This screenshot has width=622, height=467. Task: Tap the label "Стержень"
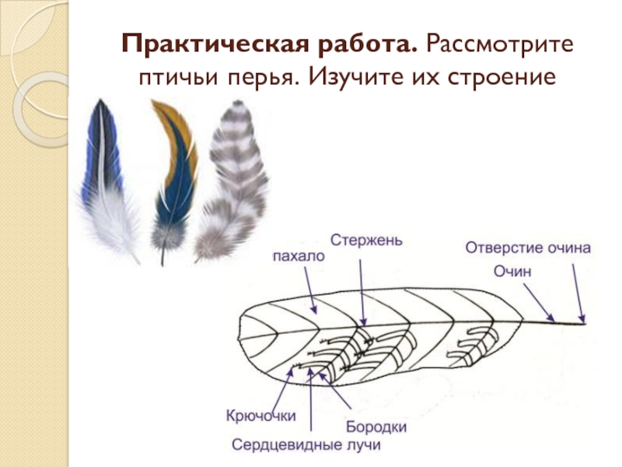365,239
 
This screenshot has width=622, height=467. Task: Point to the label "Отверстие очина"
528,248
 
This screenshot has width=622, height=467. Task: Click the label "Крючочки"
260,416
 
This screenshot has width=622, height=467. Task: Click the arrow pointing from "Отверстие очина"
578,291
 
